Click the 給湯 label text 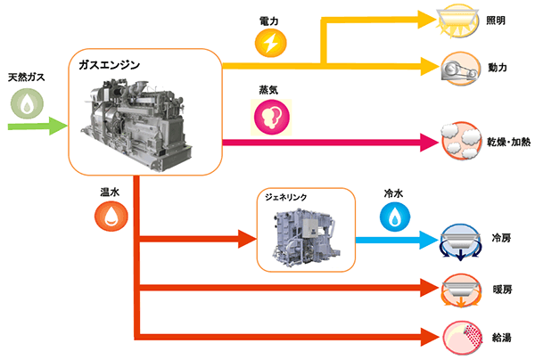502,338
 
